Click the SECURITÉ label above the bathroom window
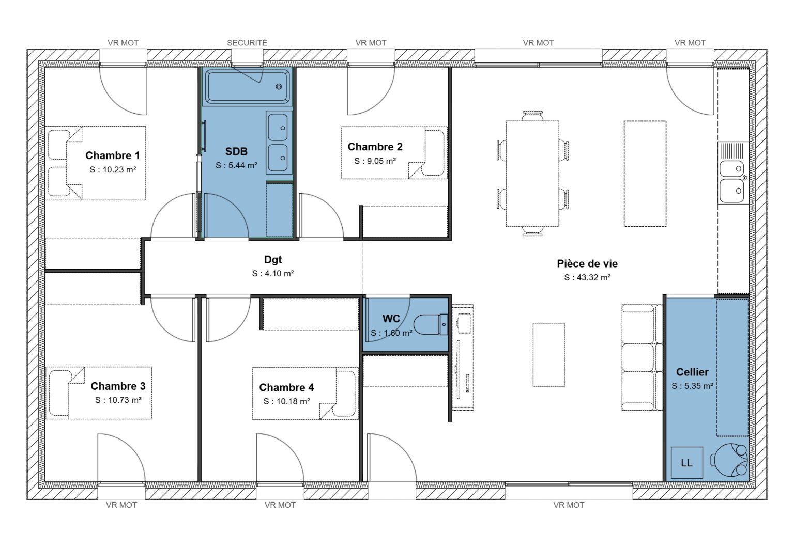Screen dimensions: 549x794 click(247, 43)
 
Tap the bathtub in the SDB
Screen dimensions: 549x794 click(248, 86)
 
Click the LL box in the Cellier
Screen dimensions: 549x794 click(686, 463)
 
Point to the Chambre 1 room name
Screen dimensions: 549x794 click(112, 155)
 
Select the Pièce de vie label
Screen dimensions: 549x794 click(587, 263)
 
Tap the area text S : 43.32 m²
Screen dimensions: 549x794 click(587, 277)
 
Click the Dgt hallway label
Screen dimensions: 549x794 click(273, 260)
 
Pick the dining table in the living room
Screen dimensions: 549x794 click(532, 174)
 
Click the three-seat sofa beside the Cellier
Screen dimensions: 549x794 click(642, 357)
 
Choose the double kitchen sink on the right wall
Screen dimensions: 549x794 click(732, 179)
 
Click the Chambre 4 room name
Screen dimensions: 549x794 click(286, 387)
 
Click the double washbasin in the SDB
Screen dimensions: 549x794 click(279, 142)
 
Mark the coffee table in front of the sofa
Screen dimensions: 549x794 click(548, 354)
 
